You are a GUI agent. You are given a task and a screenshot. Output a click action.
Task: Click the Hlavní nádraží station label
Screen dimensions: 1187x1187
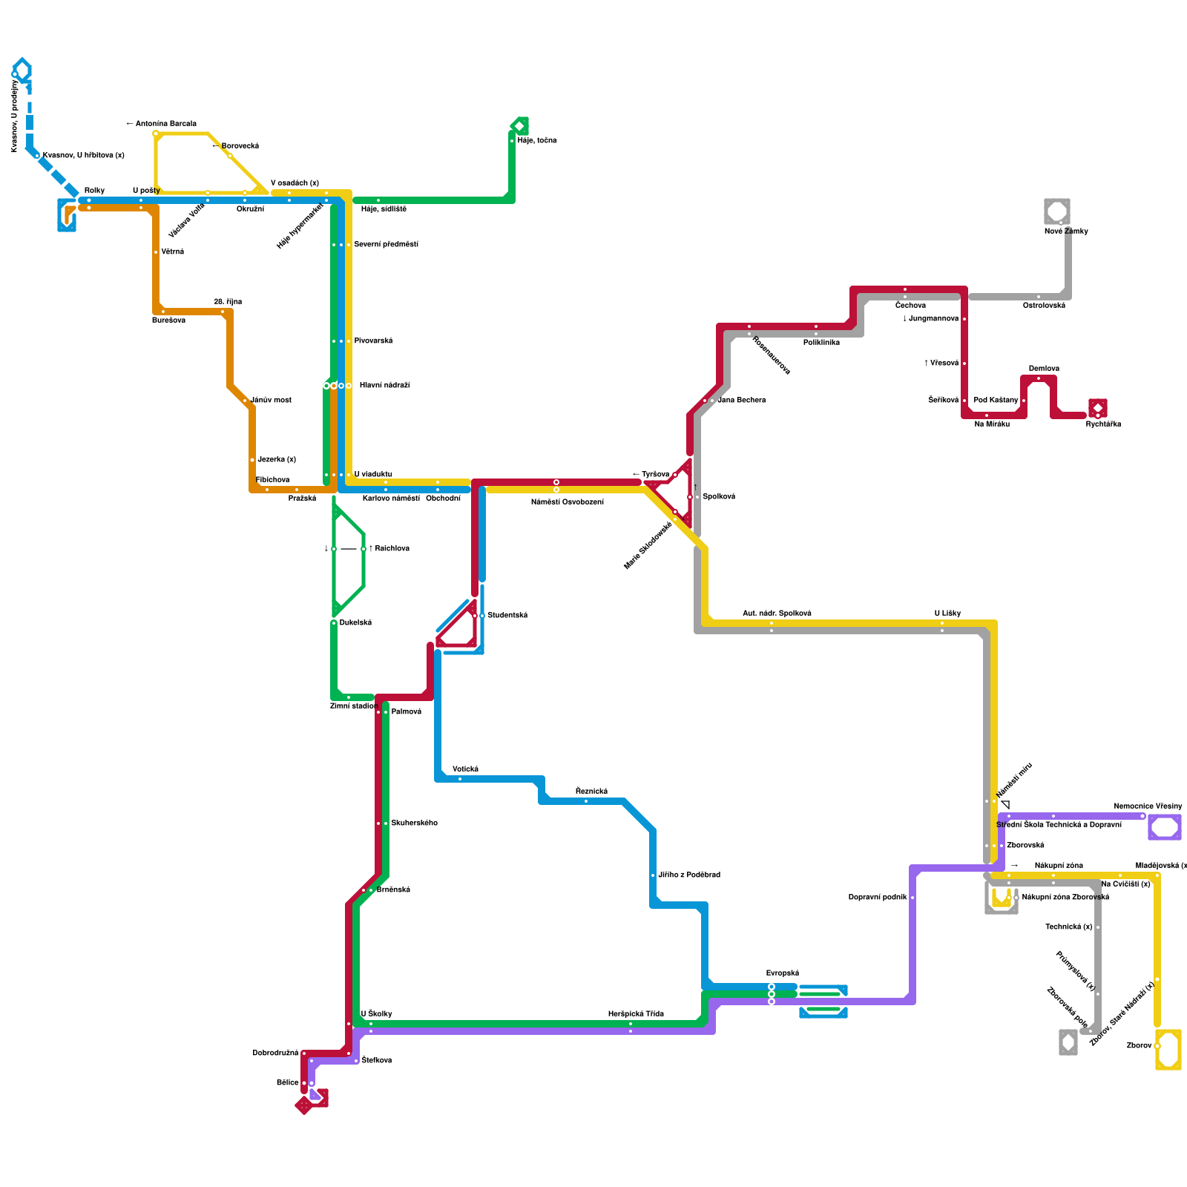coord(384,386)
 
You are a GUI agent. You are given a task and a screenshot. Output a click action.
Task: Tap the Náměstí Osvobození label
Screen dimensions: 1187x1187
coord(568,502)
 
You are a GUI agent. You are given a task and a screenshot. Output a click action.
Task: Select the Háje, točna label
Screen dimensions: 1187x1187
coord(537,141)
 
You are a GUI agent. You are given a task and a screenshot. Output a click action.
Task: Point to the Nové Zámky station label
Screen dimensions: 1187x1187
coord(1066,231)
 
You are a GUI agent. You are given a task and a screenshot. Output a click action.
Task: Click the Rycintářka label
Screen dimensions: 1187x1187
coord(1103,424)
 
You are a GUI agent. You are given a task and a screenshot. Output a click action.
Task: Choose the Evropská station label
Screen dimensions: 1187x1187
coord(783,973)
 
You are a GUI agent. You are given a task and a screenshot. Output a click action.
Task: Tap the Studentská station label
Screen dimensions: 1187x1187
coord(507,616)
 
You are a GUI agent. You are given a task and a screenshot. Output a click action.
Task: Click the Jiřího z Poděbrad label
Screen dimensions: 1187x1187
coord(689,875)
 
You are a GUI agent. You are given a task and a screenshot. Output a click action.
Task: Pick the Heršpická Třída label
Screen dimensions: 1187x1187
coord(636,1014)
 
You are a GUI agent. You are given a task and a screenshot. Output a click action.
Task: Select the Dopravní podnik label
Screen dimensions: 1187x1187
coord(878,898)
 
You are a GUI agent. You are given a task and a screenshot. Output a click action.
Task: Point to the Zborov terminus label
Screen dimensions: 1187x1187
coord(1139,1046)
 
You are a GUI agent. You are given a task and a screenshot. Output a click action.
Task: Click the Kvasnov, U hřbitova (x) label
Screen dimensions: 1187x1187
coord(84,156)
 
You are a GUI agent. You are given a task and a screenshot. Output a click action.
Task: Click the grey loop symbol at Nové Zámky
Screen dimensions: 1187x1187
coord(1057,211)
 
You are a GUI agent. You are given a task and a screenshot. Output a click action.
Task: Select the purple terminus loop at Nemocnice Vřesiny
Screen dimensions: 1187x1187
coord(1165,827)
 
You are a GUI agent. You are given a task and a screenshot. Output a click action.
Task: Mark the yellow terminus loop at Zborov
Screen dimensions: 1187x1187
coord(1168,1050)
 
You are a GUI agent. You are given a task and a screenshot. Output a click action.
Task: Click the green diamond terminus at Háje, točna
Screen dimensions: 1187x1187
coord(520,126)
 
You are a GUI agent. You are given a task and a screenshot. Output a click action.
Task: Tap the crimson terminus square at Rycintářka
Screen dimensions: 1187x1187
coord(1098,408)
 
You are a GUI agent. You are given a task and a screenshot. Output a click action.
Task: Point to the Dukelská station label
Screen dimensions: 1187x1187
coord(355,623)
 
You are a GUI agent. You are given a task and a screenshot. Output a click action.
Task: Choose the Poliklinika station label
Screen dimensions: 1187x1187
coord(821,343)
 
